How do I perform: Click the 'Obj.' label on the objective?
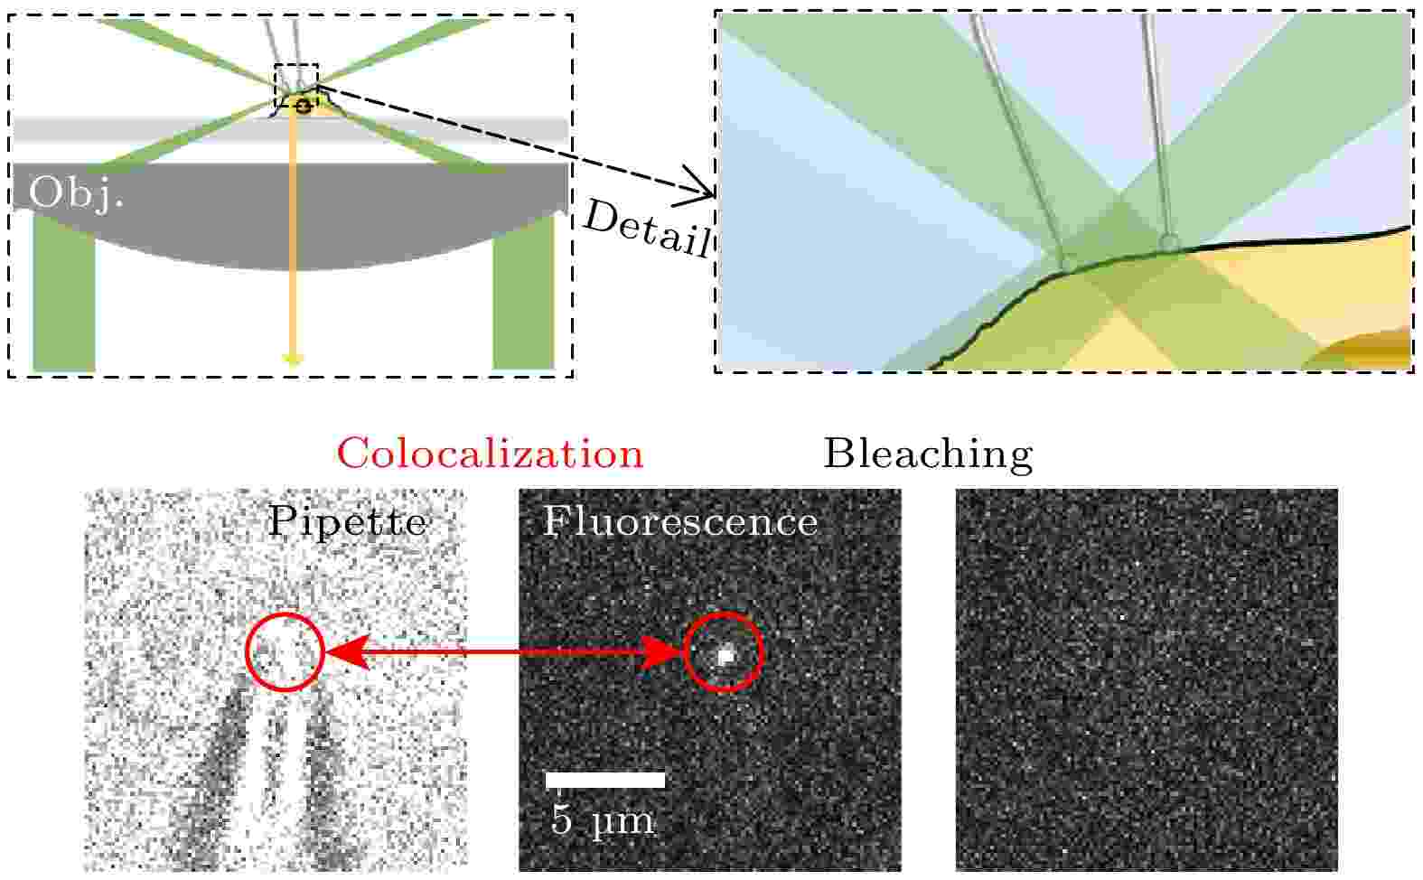click(x=76, y=192)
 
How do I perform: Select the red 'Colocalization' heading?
click(x=490, y=454)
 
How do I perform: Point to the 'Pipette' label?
click(x=347, y=522)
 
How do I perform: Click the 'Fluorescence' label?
click(x=679, y=522)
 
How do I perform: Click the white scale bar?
click(x=605, y=780)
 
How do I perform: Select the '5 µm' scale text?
click(x=603, y=819)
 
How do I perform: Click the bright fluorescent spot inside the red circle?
click(x=725, y=655)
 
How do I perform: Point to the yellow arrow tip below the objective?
click(x=292, y=360)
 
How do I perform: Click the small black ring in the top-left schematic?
click(x=304, y=106)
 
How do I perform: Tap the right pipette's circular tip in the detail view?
click(x=1169, y=242)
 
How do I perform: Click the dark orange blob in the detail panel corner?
click(x=1366, y=350)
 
